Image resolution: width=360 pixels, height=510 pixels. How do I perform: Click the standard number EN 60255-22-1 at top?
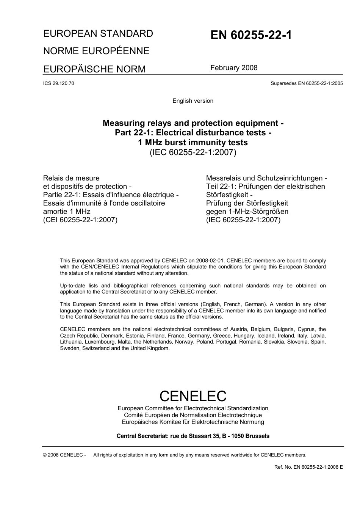(x=251, y=35)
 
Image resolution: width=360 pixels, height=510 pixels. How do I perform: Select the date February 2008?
(x=234, y=68)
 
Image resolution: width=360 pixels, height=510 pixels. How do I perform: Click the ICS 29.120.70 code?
(x=59, y=83)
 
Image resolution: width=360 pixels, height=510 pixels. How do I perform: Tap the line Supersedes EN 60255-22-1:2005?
(x=307, y=83)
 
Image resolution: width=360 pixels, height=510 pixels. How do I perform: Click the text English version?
(x=193, y=101)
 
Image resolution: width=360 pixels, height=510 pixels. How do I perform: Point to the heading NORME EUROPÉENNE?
(x=96, y=51)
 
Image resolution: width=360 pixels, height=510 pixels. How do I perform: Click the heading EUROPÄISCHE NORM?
(x=94, y=69)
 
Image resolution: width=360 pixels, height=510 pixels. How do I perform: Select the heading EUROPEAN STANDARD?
(x=98, y=33)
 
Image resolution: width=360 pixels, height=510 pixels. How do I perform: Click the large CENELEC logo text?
(x=193, y=396)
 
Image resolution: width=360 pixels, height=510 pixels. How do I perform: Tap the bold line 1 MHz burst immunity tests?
(x=193, y=143)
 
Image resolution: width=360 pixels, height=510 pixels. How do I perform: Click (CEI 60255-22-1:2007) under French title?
(x=80, y=220)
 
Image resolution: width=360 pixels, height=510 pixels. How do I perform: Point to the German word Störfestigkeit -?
(x=229, y=195)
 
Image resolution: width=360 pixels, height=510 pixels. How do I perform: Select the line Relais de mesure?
(x=71, y=178)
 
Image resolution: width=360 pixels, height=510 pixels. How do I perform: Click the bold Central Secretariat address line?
(x=193, y=436)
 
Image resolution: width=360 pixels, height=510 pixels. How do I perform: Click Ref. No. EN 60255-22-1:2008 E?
(x=308, y=467)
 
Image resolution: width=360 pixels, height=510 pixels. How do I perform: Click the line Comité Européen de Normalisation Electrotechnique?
(x=193, y=415)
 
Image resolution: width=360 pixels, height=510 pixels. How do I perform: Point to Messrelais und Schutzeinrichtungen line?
(x=266, y=178)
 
